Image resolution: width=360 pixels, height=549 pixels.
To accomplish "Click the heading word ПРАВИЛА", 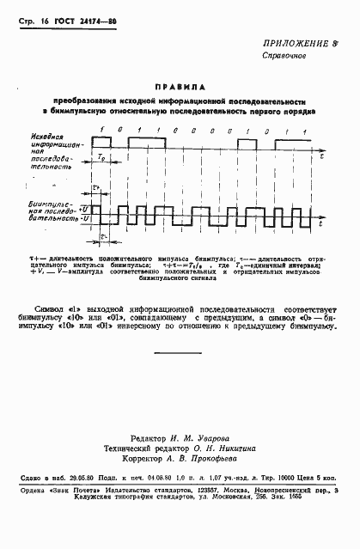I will (180, 87).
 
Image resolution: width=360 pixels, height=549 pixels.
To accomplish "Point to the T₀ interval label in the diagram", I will (101, 159).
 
